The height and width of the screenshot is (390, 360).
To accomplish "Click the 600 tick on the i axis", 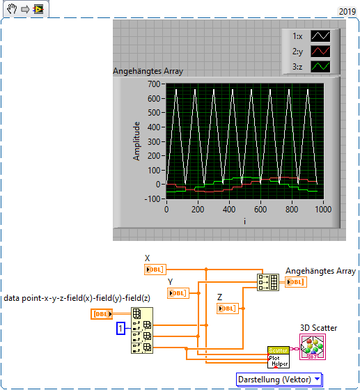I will [x=260, y=208].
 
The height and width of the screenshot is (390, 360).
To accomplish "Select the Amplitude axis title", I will [x=136, y=141].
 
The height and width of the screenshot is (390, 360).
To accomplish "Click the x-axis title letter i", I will [x=244, y=221].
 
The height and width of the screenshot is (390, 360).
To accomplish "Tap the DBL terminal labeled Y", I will [x=178, y=293].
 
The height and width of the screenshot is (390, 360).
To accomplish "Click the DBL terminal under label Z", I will [x=228, y=309].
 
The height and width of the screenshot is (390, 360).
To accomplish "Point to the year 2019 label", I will [x=347, y=11].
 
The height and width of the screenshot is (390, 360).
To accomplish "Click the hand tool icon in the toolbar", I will [x=11, y=10].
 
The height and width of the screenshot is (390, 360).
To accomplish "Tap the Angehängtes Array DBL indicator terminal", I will [x=296, y=282].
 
